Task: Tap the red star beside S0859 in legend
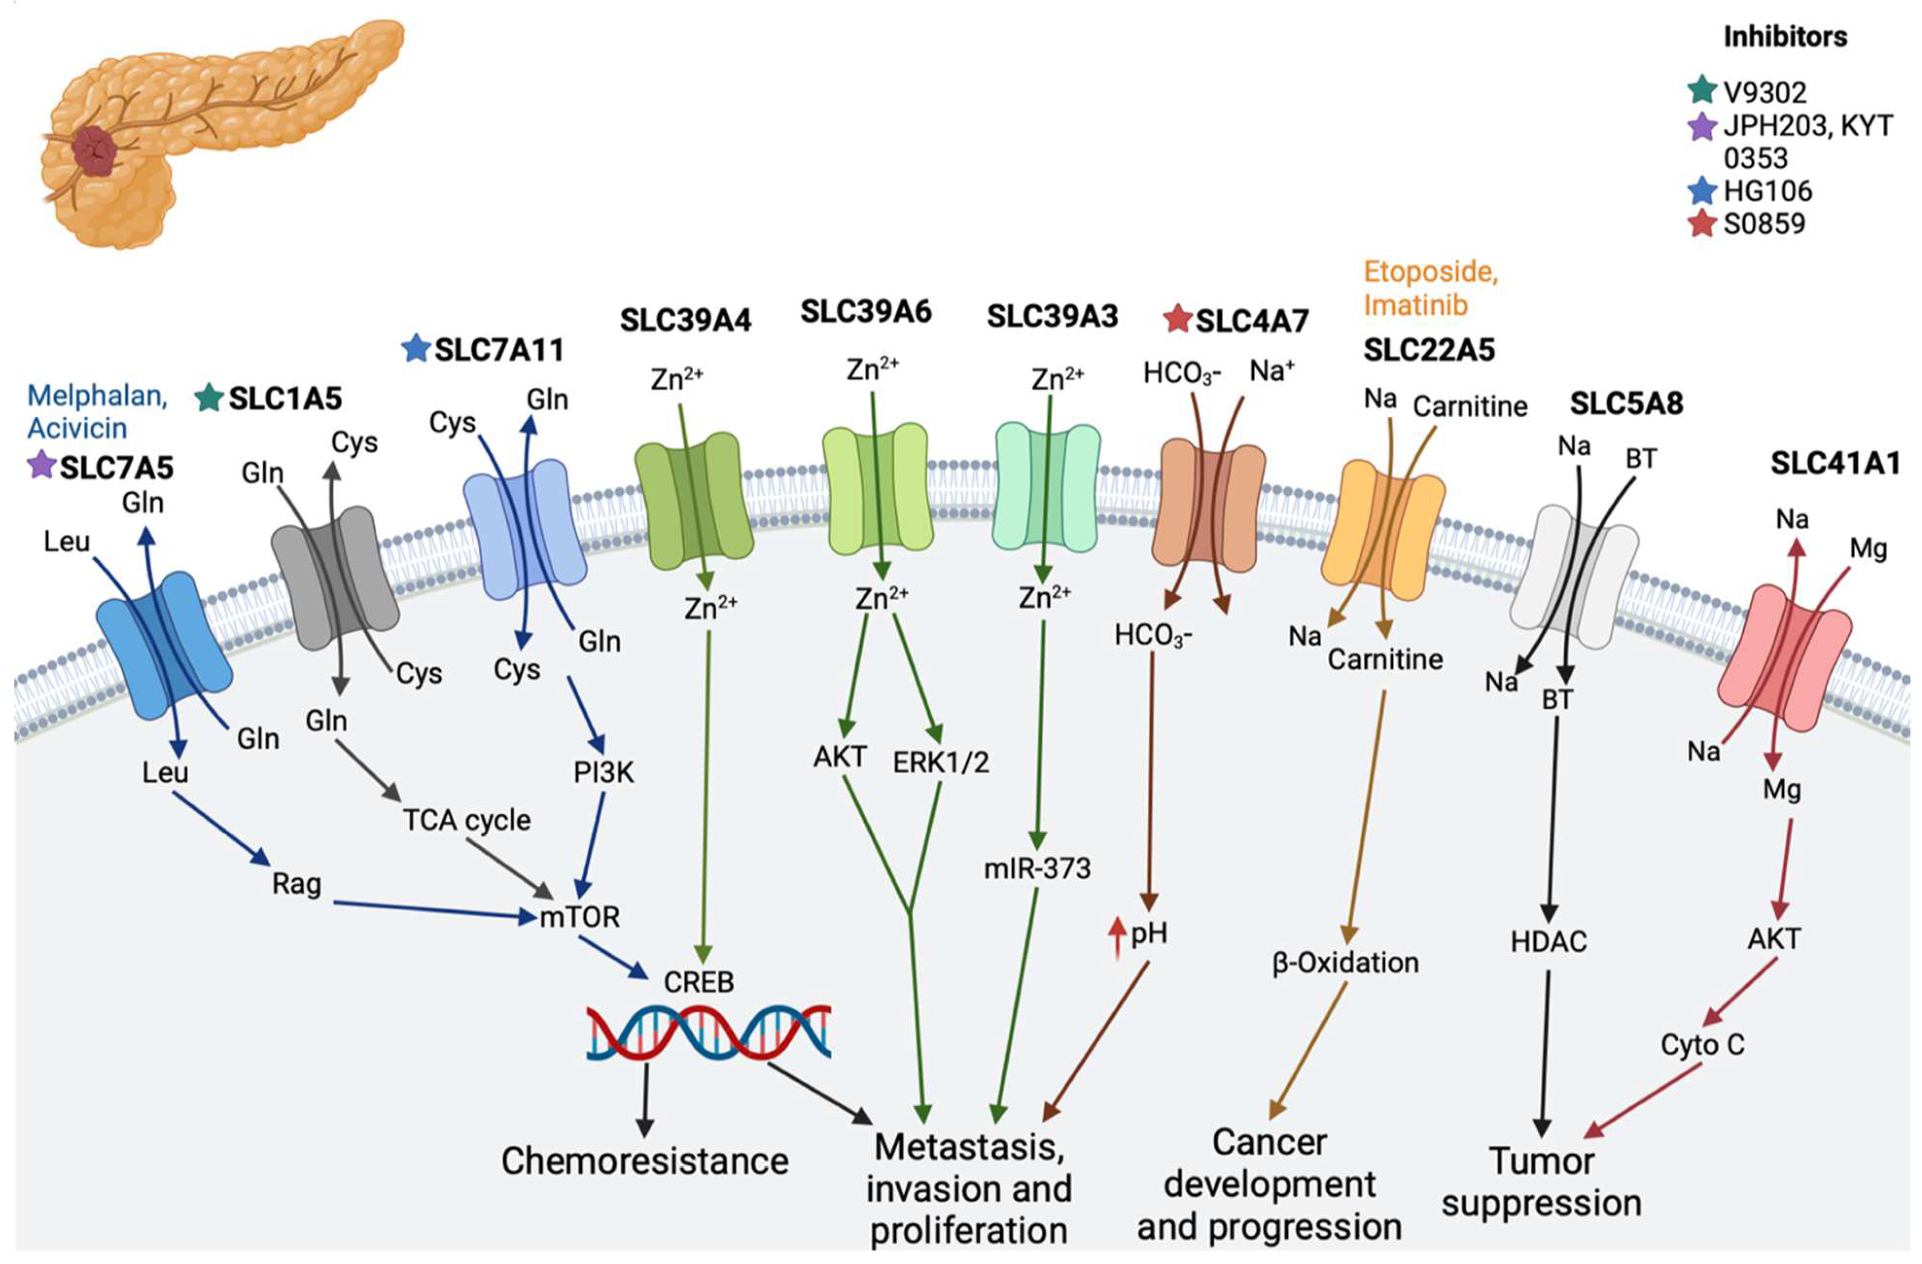[x=1702, y=224]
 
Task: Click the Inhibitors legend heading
[x=1785, y=37]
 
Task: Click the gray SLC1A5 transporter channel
[x=335, y=578]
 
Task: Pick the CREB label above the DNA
[x=699, y=982]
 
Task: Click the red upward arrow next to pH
[x=1117, y=937]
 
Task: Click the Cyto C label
[x=1702, y=1045]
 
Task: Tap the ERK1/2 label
[x=941, y=762]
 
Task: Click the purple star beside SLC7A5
[x=40, y=465]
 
